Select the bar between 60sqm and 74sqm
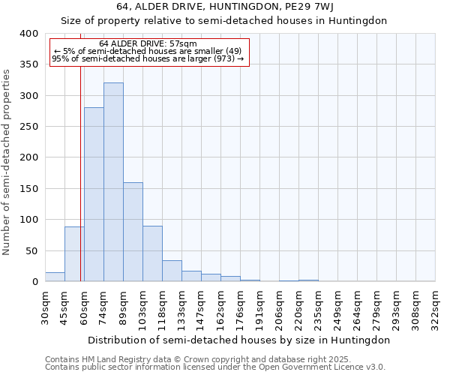tap(94, 194)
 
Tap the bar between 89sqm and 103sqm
tap(133, 232)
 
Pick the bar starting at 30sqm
tap(55, 277)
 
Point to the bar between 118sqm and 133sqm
tap(172, 271)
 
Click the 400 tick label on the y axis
tap(28, 34)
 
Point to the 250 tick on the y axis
tap(28, 127)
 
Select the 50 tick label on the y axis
tap(31, 251)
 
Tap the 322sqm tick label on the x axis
tap(436, 308)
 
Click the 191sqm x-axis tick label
tap(259, 308)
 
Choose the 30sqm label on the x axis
tap(45, 307)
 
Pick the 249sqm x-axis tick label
tap(337, 308)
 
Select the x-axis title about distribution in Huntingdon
tap(239, 340)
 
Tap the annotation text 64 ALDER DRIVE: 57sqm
tap(148, 43)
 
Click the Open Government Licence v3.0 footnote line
tap(214, 367)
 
